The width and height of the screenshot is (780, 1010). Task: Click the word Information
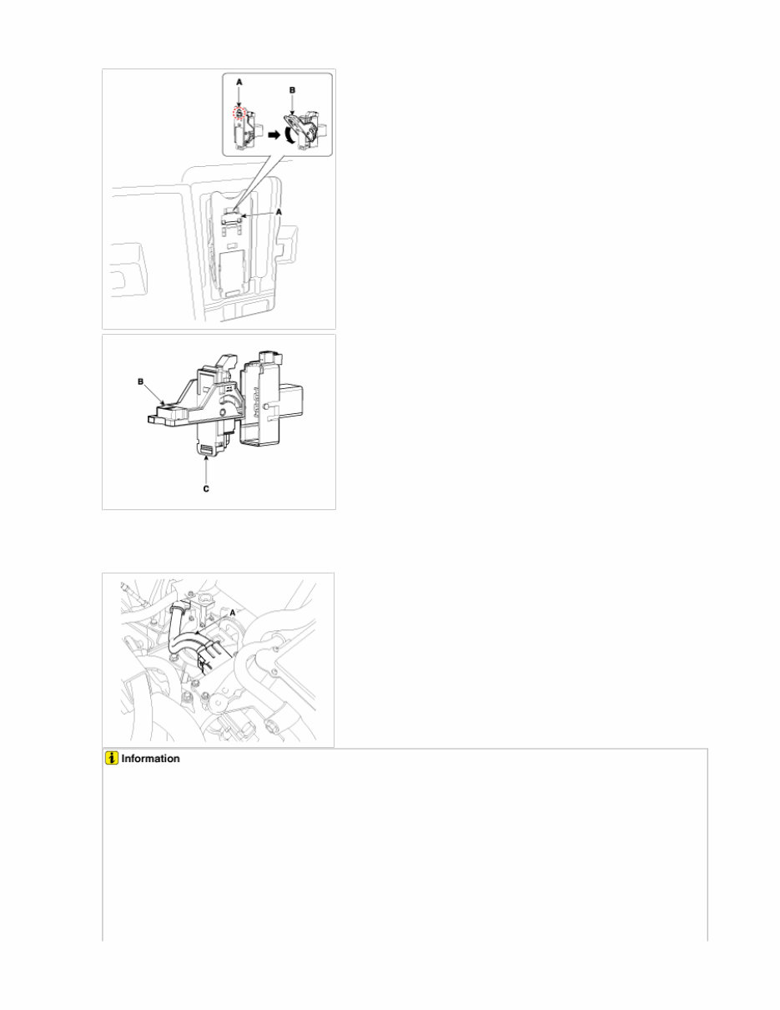click(x=151, y=760)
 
